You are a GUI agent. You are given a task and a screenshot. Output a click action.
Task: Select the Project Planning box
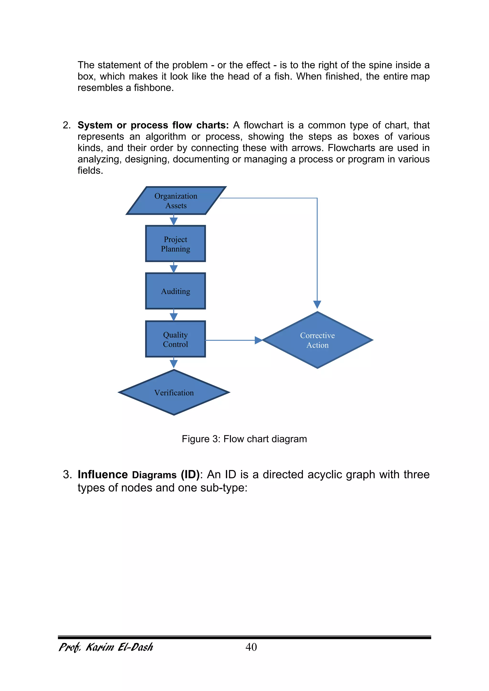point(175,244)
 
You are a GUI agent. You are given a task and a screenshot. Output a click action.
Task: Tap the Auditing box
point(175,291)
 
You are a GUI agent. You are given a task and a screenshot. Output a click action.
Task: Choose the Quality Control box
point(175,339)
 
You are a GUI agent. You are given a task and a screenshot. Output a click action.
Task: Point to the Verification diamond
point(174,392)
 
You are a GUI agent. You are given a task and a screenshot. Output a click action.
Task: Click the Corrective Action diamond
point(317,340)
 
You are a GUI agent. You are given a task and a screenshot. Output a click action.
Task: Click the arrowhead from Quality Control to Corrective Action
point(259,340)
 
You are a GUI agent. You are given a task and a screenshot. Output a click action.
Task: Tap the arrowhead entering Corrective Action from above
point(317,304)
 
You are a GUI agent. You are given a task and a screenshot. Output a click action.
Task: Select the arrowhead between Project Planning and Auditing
point(174,269)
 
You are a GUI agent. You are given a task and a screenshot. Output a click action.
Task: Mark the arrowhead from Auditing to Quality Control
point(174,316)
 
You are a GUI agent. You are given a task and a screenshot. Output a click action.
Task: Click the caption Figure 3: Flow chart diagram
point(244,439)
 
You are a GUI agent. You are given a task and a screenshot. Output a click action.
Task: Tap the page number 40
point(251,647)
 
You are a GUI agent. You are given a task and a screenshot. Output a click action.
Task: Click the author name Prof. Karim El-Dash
point(106,647)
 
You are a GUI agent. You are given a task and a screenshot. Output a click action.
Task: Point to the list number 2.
point(66,125)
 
